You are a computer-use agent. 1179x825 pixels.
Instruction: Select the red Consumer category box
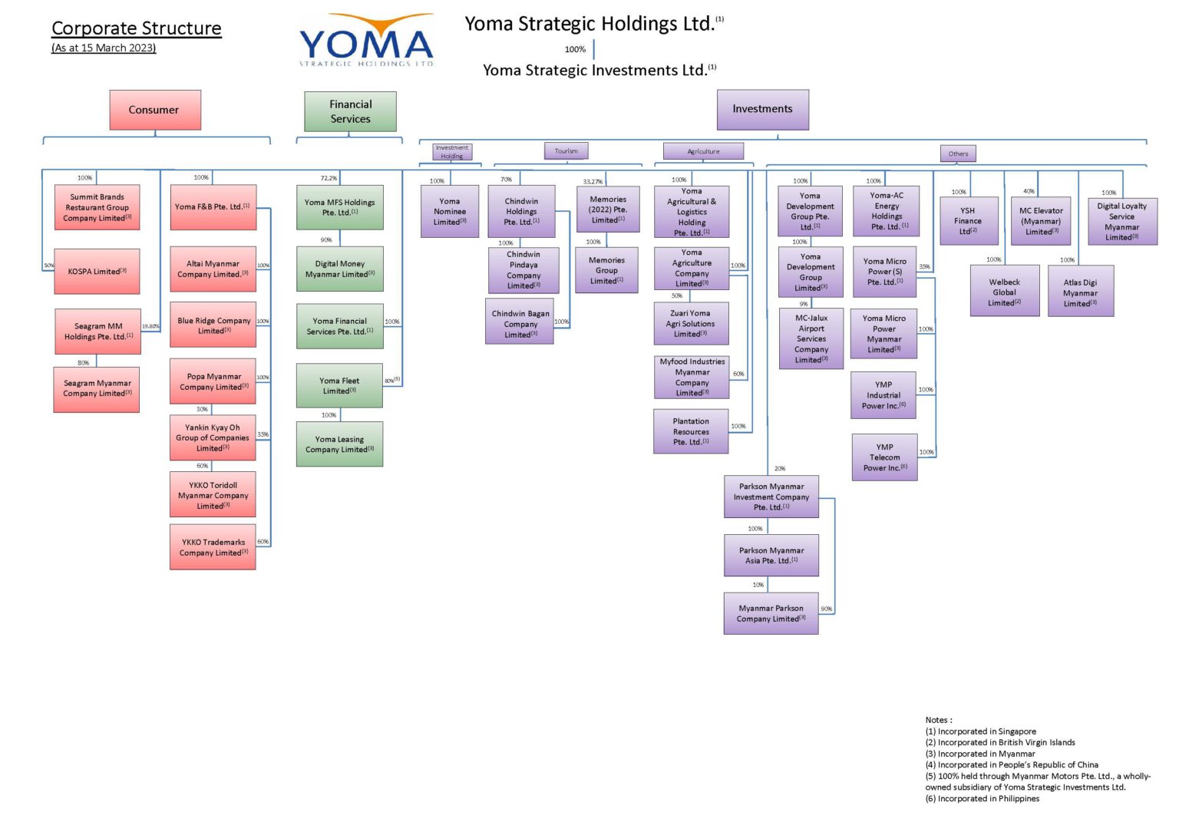click(155, 110)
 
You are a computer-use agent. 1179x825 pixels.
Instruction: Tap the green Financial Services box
click(350, 111)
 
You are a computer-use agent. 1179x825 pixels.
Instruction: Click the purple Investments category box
click(762, 109)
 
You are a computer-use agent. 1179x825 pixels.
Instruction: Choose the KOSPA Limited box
click(97, 272)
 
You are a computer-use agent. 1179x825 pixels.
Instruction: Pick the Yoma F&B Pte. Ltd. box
click(213, 207)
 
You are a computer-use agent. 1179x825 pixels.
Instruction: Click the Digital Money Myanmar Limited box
click(339, 269)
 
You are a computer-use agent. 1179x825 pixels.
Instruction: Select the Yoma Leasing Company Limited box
click(339, 444)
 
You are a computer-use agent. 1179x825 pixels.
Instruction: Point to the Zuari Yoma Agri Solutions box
click(690, 324)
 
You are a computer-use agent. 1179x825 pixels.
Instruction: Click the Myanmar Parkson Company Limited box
click(771, 613)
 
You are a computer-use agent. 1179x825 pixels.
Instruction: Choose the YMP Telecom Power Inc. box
click(884, 457)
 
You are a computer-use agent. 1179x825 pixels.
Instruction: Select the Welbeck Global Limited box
click(1004, 292)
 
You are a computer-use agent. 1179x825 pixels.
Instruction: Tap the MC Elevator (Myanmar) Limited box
click(1041, 221)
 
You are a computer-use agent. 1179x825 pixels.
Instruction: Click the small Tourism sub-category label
click(566, 151)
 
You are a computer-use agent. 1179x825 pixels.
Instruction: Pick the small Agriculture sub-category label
click(703, 151)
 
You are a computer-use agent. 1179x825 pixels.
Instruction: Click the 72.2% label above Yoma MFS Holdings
click(329, 178)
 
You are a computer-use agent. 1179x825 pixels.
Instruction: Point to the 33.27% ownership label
click(593, 182)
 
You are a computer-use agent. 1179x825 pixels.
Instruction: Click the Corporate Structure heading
click(137, 28)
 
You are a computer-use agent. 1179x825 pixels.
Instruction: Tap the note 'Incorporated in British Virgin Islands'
click(1000, 743)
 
